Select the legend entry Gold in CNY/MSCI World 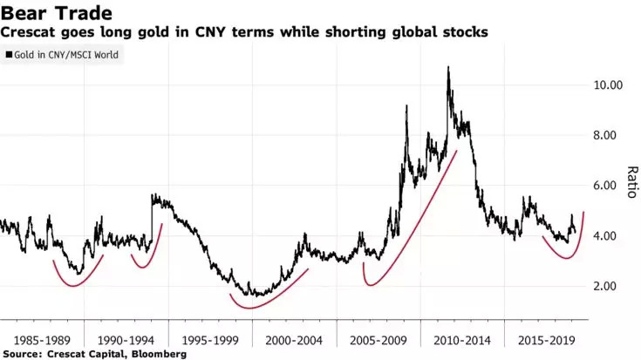pos(66,54)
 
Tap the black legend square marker pos(9,54)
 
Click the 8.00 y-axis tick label pos(605,136)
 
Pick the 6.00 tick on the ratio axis pos(605,187)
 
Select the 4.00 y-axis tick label pos(605,236)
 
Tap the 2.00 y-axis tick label pos(605,287)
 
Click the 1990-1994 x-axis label pos(126,338)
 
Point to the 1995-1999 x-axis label pos(210,338)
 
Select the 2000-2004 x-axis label pos(294,338)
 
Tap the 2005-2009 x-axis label pos(378,338)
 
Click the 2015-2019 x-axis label pos(547,338)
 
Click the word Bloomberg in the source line pos(160,354)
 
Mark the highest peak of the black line pos(448,67)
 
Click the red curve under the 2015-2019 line pos(558,256)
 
